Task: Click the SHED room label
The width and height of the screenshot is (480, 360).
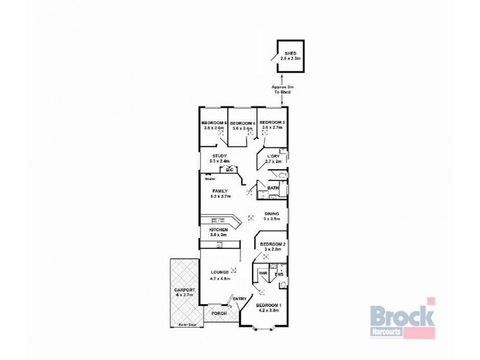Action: (290, 52)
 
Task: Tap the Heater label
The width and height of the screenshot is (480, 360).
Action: (209, 178)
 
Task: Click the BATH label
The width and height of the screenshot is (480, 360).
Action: (273, 188)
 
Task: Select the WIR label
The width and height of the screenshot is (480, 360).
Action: (263, 273)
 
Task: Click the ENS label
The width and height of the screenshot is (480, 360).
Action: (278, 275)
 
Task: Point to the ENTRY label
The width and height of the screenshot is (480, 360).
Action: (239, 299)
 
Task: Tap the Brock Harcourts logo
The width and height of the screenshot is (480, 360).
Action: (401, 318)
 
